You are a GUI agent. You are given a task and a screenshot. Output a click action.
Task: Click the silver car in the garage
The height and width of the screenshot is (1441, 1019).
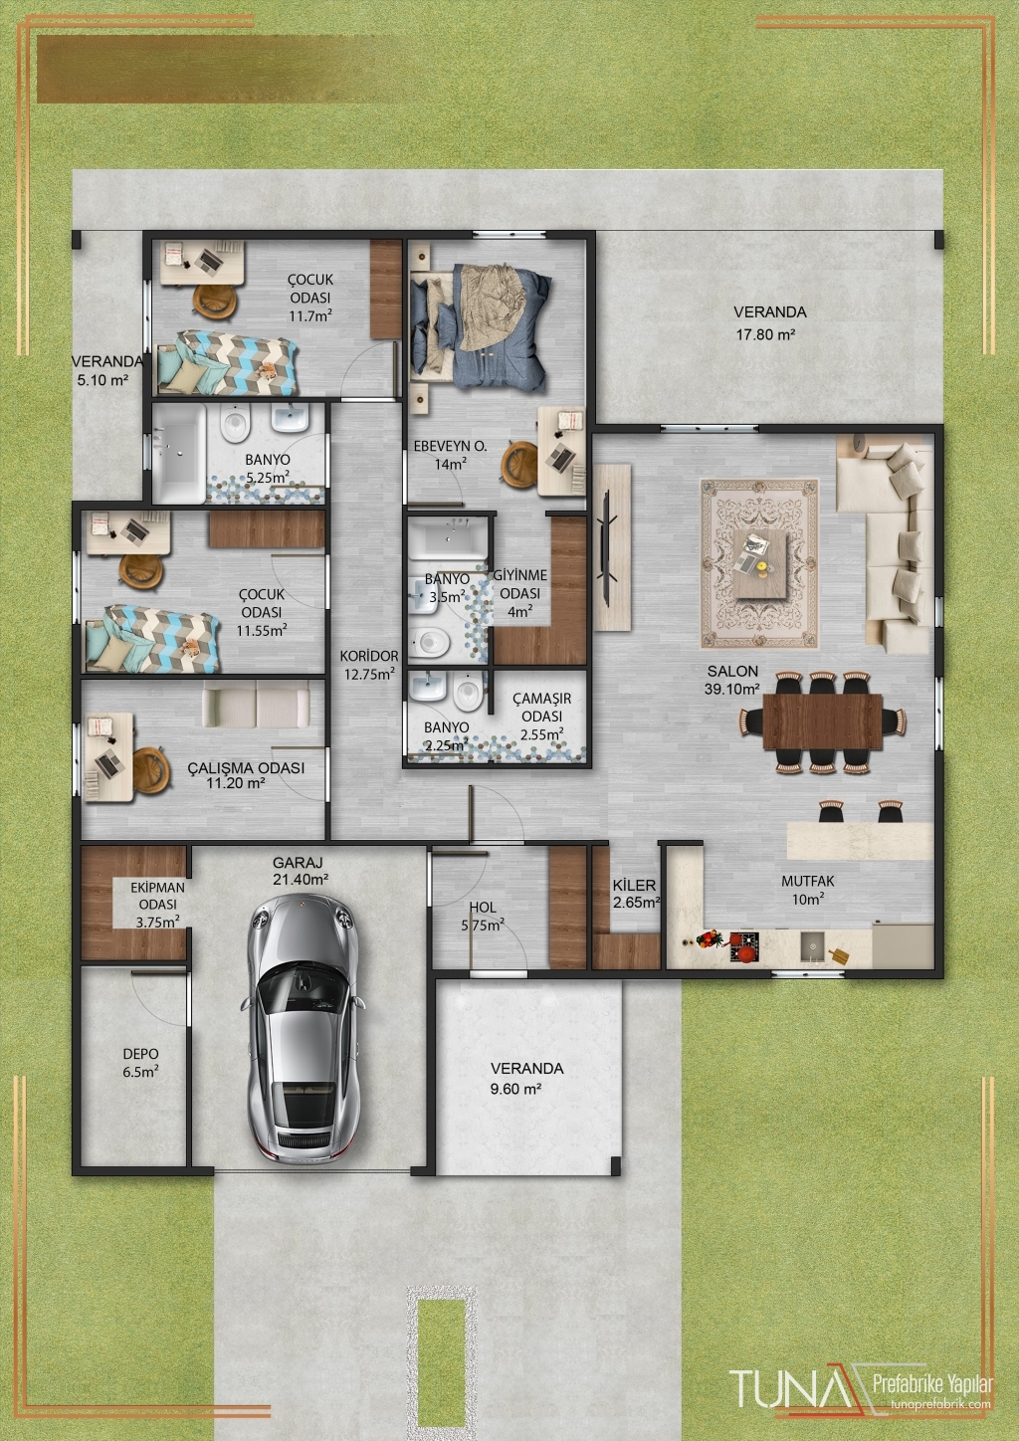pyautogui.click(x=303, y=1028)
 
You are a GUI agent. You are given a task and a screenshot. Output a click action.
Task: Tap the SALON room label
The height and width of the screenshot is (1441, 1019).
pyautogui.click(x=732, y=671)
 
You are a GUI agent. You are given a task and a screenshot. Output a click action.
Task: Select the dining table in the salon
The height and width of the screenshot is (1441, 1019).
pyautogui.click(x=823, y=721)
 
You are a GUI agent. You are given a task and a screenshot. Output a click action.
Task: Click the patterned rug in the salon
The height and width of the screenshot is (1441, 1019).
pyautogui.click(x=759, y=563)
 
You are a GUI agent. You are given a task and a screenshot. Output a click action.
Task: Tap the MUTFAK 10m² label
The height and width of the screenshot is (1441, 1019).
pyautogui.click(x=808, y=890)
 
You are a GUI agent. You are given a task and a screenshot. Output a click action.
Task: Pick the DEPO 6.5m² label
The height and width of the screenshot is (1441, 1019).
pyautogui.click(x=141, y=1063)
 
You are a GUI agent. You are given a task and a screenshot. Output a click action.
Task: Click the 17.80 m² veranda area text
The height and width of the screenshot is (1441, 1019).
pyautogui.click(x=765, y=334)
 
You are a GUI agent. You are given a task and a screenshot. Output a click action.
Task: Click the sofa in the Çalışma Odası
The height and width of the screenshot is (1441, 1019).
pyautogui.click(x=256, y=705)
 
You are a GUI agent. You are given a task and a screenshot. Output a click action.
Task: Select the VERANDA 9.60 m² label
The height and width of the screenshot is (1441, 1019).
pyautogui.click(x=526, y=1078)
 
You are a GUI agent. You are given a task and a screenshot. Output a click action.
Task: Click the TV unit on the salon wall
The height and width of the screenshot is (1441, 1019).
pyautogui.click(x=612, y=546)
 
